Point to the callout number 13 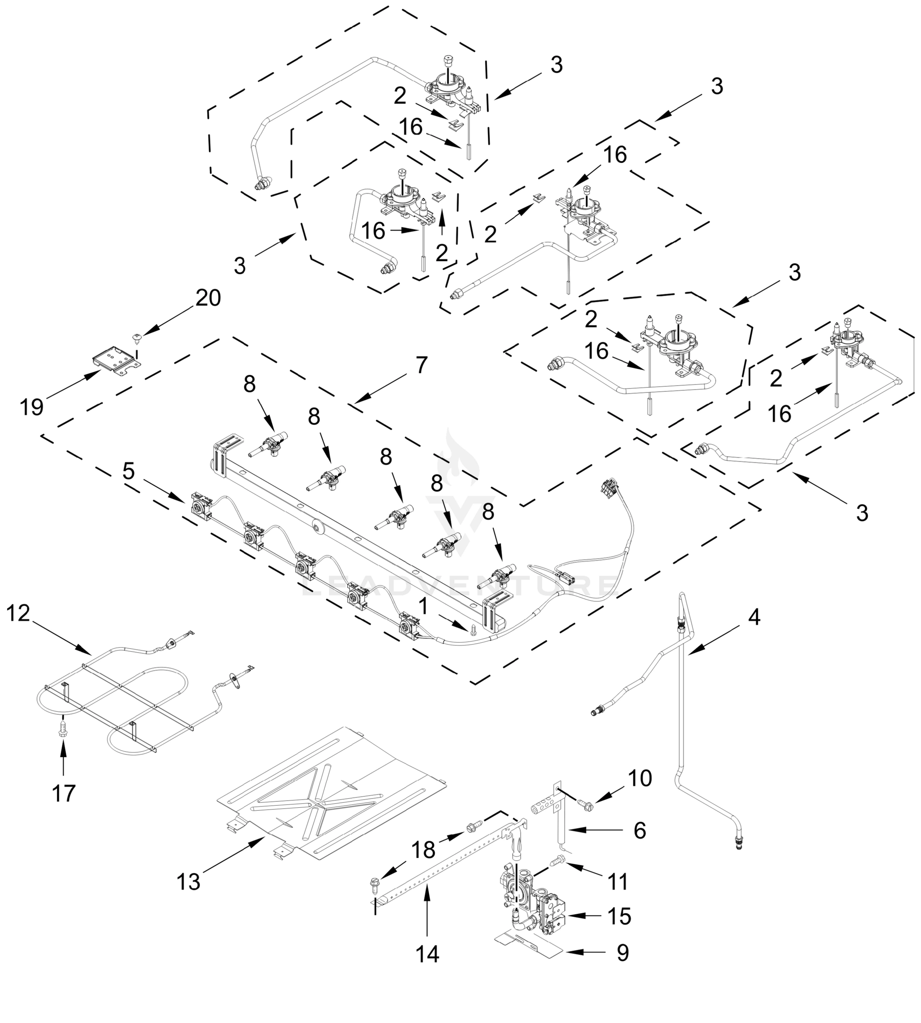click(189, 882)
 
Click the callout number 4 click(754, 618)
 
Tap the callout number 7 click(421, 364)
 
